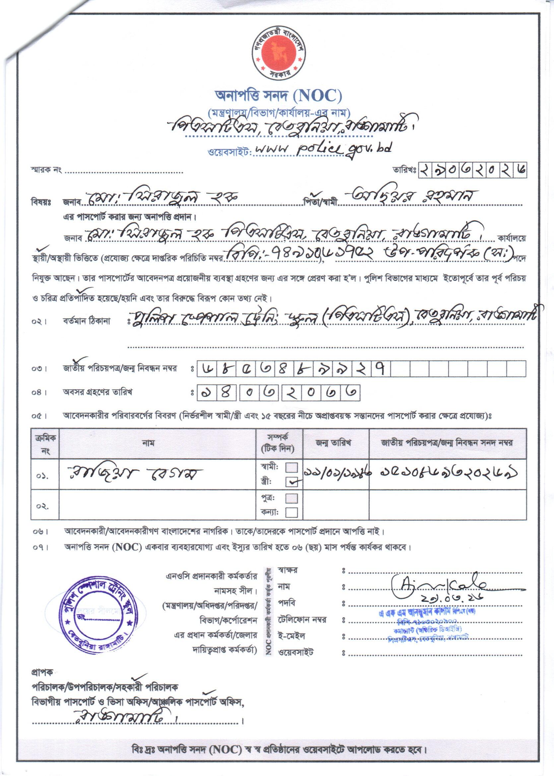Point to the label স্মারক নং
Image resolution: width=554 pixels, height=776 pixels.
pyautogui.click(x=46, y=171)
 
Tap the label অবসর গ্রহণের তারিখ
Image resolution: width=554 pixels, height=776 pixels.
pyautogui.click(x=97, y=392)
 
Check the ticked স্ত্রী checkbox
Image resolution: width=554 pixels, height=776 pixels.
pyautogui.click(x=292, y=482)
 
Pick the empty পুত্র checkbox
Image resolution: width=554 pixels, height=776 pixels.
pyautogui.click(x=291, y=498)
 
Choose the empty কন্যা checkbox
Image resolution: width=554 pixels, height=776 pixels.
pyautogui.click(x=291, y=512)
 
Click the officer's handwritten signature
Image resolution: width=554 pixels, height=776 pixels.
pyautogui.click(x=440, y=587)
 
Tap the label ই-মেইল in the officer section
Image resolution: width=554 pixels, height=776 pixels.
pyautogui.click(x=292, y=636)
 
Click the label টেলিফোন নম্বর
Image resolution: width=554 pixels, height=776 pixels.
pyautogui.click(x=302, y=619)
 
